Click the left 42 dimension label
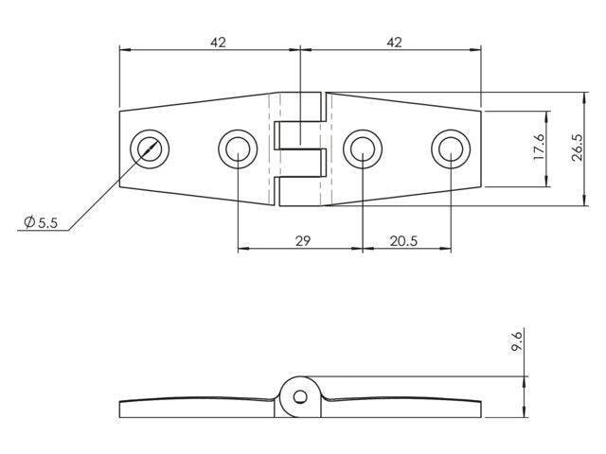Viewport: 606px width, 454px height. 218,42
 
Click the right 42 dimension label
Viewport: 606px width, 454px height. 394,42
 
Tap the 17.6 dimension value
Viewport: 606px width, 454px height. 539,147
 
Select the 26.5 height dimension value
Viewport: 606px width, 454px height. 578,148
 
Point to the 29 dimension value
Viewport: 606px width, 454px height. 303,241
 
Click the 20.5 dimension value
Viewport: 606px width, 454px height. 403,241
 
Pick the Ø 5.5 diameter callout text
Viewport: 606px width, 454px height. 41,222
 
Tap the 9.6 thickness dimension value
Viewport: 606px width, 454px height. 516,340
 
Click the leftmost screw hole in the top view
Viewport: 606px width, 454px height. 150,148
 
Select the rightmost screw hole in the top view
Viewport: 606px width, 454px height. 451,148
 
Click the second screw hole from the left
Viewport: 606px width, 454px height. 238,148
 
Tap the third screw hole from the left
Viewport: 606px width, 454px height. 363,148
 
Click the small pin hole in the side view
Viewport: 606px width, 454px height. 300,397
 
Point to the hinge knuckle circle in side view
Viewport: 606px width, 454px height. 299,376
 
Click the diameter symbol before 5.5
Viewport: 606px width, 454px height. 29,222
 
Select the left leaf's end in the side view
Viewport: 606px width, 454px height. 119,410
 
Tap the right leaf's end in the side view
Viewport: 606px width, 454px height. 481,410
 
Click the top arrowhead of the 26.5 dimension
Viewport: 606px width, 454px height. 584,97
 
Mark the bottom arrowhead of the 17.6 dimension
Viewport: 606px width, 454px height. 546,182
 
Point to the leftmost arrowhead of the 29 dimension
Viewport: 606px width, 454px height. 243,249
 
